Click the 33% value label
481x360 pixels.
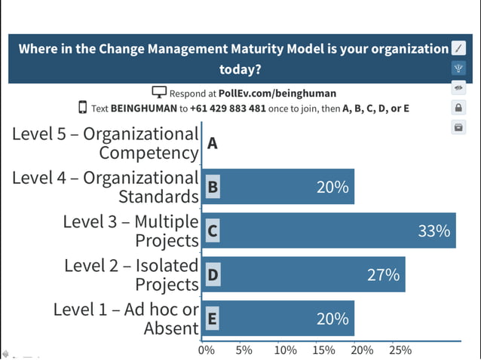pos(434,231)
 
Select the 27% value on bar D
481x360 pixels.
pos(383,275)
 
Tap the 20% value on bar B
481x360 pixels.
pos(332,188)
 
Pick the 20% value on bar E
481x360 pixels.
pos(332,319)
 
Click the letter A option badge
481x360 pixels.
pos(213,143)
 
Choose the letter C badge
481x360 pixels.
pos(213,231)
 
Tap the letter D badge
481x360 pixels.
pos(213,275)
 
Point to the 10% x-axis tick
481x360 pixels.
pos(285,350)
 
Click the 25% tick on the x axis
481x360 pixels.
pos(400,350)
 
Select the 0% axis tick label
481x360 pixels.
pos(206,350)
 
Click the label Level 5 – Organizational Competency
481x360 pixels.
pos(106,143)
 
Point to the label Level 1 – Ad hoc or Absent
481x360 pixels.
pos(127,319)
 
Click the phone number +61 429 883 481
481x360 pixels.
pos(228,108)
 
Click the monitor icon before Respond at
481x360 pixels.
pos(158,93)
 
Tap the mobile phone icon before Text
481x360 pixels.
pos(82,108)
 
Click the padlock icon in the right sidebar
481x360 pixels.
pos(458,108)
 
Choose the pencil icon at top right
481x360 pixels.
pos(458,48)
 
